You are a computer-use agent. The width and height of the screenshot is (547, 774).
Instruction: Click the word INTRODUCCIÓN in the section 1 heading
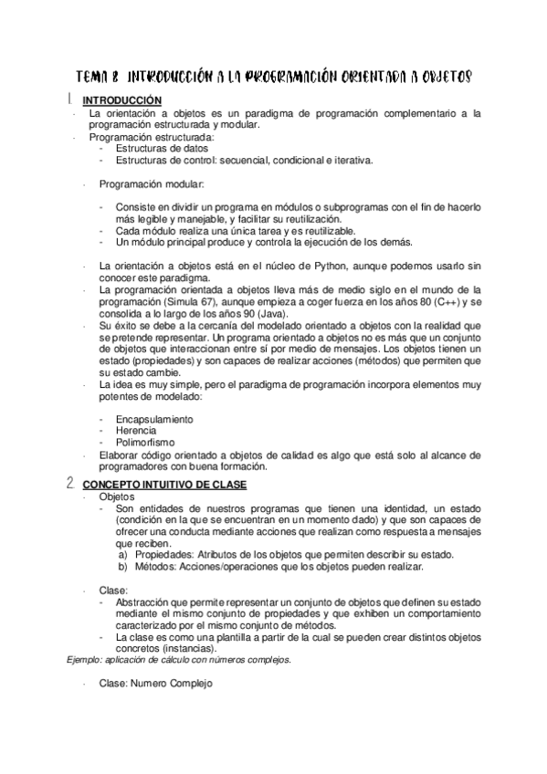pos(122,100)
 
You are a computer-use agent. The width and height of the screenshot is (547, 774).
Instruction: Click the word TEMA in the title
pos(93,78)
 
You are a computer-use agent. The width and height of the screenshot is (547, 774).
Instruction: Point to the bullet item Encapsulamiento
pos(154,419)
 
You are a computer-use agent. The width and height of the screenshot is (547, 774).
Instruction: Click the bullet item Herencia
pos(136,430)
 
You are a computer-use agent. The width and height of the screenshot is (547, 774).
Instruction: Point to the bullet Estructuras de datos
pos(162,148)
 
